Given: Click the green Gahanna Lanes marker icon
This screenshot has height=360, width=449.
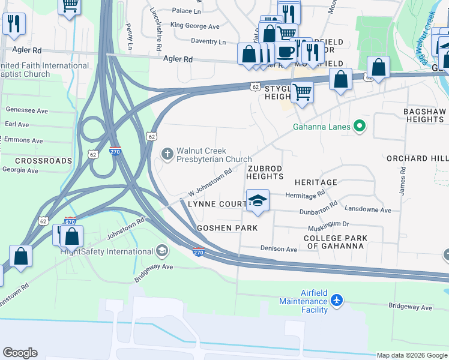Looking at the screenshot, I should (359, 126).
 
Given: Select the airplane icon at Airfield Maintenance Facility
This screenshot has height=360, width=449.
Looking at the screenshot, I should (337, 299).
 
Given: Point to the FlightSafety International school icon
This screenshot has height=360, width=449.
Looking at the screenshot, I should (161, 250).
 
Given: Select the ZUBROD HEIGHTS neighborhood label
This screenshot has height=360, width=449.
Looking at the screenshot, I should (264, 173).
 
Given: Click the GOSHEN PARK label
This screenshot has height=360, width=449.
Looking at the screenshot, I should (228, 228).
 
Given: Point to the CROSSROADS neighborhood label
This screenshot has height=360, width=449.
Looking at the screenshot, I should (35, 161).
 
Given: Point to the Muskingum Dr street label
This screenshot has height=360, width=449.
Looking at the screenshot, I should (329, 224).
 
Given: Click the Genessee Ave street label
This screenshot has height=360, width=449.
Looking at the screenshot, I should (26, 110).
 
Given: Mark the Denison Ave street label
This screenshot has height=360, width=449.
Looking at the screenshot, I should (279, 248).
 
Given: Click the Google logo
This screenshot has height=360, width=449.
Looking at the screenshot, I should (20, 353).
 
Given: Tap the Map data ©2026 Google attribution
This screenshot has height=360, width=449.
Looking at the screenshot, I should (412, 355).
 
